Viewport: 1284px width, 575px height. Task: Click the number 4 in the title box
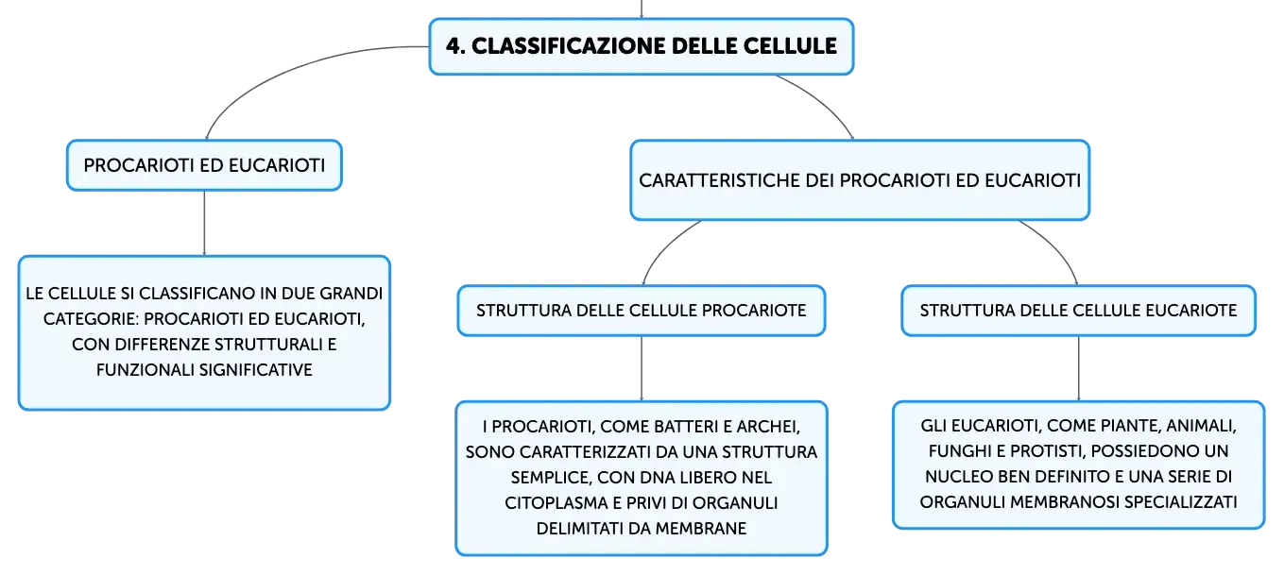[x=454, y=46]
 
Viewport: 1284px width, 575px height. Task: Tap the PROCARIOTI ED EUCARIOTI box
[x=205, y=165]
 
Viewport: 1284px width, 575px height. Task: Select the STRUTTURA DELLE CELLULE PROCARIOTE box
[x=642, y=311]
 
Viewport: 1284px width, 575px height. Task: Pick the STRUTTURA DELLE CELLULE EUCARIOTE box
[x=1078, y=311]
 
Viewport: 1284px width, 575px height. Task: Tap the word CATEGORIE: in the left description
[x=90, y=319]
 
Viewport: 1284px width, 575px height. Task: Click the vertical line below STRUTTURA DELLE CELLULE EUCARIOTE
[x=1079, y=369]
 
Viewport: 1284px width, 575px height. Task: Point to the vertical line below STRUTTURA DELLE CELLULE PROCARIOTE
[x=642, y=369]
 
